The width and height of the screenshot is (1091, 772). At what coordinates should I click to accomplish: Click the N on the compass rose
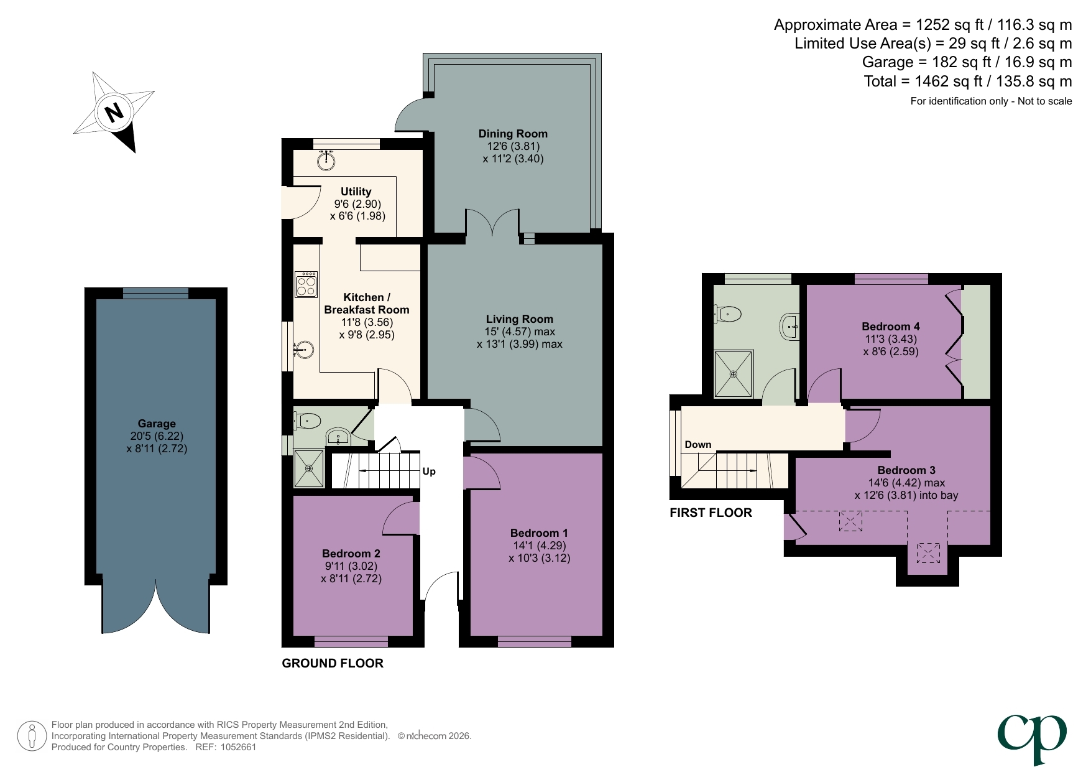click(x=114, y=113)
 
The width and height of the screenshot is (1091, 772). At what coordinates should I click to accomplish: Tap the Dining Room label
click(x=513, y=134)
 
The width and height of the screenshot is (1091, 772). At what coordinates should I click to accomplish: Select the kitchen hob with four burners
click(x=306, y=284)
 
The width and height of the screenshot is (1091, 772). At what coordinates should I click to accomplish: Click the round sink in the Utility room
click(x=326, y=160)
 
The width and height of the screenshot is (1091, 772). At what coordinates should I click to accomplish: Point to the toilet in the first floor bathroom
click(x=728, y=314)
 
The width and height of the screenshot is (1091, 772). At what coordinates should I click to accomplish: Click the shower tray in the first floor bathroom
click(x=734, y=374)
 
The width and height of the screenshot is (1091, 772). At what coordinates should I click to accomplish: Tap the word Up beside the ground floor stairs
click(x=429, y=472)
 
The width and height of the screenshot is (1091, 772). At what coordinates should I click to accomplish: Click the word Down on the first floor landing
click(x=697, y=445)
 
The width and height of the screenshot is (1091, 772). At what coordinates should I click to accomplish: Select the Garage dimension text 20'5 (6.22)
click(x=157, y=436)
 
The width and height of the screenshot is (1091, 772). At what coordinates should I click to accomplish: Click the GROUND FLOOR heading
click(x=333, y=663)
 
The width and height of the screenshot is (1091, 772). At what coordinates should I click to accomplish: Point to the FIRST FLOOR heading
click(x=711, y=513)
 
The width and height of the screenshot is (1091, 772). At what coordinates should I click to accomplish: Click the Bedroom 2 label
click(x=351, y=554)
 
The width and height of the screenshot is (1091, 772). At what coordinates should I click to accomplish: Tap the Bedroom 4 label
click(x=891, y=327)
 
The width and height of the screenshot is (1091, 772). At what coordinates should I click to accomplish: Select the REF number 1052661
click(x=238, y=747)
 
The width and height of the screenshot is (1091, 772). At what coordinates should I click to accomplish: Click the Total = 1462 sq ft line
click(x=967, y=81)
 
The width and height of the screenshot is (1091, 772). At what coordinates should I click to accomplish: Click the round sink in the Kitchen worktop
click(x=303, y=350)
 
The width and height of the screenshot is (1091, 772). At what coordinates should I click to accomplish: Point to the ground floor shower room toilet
click(x=307, y=421)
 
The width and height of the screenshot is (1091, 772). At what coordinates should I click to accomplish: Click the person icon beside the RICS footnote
click(x=31, y=736)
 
